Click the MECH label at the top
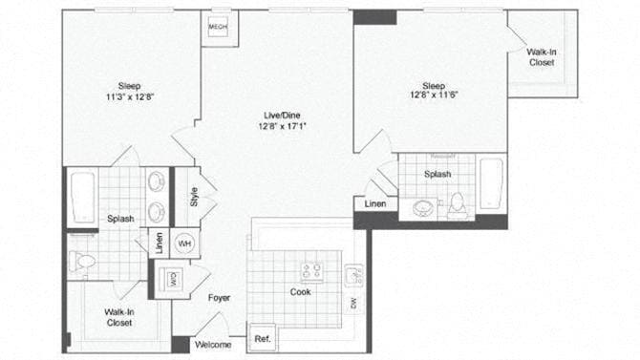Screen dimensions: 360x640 217,28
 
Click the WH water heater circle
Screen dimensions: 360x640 184,243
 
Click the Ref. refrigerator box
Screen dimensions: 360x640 262,339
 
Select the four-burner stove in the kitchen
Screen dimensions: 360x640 311,270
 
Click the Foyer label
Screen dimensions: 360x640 220,297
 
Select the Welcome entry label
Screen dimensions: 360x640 212,344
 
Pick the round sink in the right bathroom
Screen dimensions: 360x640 421,207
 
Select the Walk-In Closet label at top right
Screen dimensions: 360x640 542,56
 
